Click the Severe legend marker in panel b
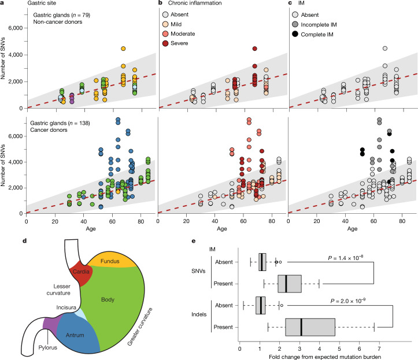165,43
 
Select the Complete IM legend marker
295,34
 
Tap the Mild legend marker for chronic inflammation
165,24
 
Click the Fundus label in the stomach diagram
110,261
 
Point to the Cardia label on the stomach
81,272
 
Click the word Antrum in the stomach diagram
75,335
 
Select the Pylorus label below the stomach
48,347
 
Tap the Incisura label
66,307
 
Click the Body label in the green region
108,299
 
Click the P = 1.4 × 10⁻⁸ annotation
345,258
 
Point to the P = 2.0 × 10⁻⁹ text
348,301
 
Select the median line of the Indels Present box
301,327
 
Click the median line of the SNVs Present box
286,284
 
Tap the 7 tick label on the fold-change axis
379,349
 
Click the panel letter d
24,241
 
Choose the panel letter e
194,241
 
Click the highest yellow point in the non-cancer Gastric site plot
123,49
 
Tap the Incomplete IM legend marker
295,24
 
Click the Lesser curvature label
58,290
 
